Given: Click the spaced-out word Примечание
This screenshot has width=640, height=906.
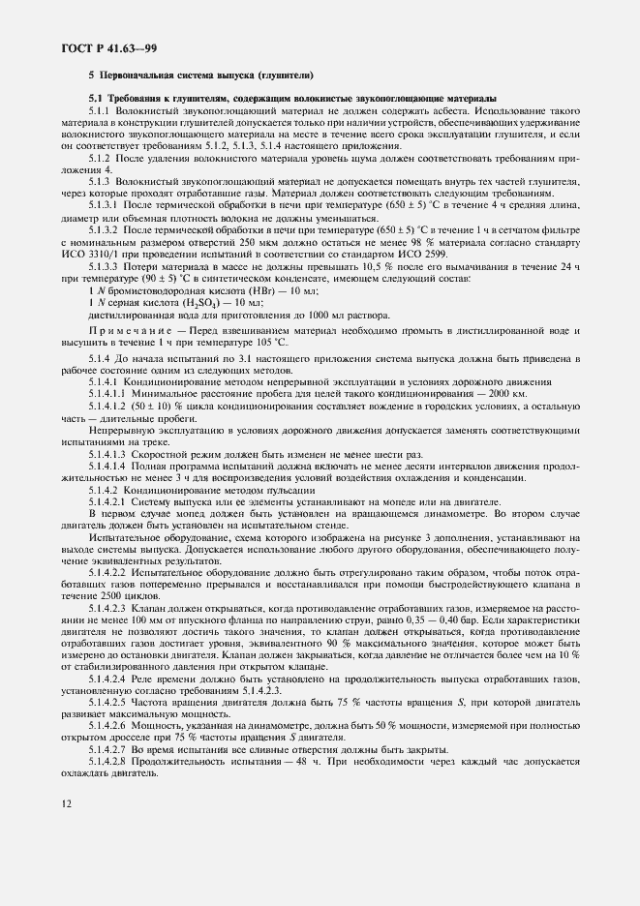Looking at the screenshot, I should (x=130, y=332).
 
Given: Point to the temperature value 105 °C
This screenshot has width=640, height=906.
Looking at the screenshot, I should (x=267, y=343).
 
